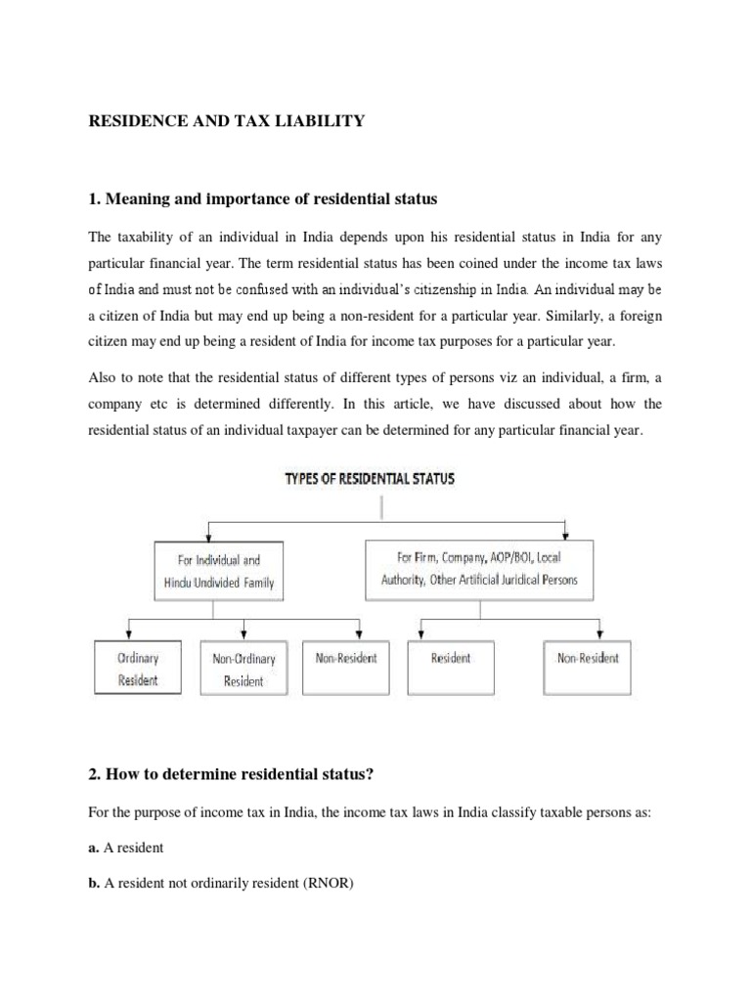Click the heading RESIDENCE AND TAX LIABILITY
227,120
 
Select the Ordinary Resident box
137,669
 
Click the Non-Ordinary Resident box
243,670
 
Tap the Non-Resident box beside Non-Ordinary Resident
346,658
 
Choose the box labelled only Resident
450,658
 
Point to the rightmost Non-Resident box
587,658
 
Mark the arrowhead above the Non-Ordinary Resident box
243,636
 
